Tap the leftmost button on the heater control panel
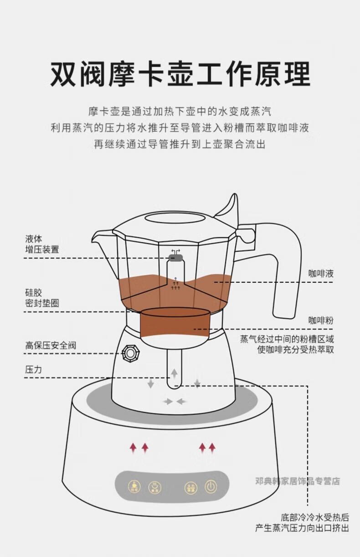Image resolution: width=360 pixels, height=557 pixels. (134, 487)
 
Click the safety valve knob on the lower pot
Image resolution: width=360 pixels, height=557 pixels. (131, 352)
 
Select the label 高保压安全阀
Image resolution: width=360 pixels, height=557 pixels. (51, 346)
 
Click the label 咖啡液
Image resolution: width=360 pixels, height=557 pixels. (321, 274)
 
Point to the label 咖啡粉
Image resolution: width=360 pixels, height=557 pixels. (321, 320)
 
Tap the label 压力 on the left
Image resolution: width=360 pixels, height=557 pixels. (33, 369)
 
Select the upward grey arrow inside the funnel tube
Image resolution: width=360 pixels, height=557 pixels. (174, 373)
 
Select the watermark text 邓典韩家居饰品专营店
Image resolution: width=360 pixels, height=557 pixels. (297, 481)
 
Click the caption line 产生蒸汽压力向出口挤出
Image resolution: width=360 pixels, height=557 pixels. (302, 528)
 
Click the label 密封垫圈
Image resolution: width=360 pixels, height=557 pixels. (42, 303)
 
